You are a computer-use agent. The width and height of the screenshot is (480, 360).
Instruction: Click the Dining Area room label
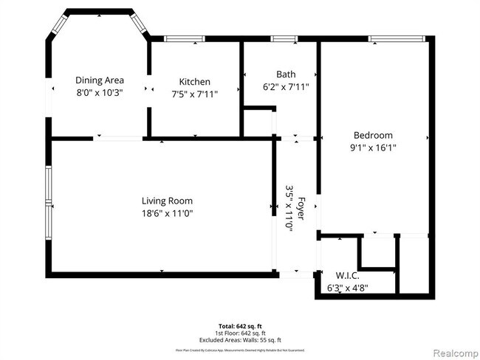point(100,80)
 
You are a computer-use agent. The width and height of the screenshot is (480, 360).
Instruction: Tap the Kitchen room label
point(195,81)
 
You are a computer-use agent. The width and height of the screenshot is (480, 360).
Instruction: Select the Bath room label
point(286,74)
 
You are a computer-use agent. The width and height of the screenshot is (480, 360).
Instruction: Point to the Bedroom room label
point(373,135)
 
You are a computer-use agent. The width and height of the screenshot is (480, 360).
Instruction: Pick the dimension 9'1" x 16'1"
point(373,148)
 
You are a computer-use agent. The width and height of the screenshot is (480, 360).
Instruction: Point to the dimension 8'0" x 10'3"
point(100,93)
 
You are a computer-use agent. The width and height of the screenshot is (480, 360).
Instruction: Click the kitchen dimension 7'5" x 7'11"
point(195,94)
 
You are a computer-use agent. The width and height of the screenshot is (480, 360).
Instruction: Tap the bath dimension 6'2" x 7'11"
point(286,86)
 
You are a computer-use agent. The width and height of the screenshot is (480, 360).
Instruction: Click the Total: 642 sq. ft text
point(240,325)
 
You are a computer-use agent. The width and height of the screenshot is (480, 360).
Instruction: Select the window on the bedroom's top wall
point(398,38)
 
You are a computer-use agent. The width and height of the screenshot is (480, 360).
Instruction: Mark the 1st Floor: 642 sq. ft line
point(240,332)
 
